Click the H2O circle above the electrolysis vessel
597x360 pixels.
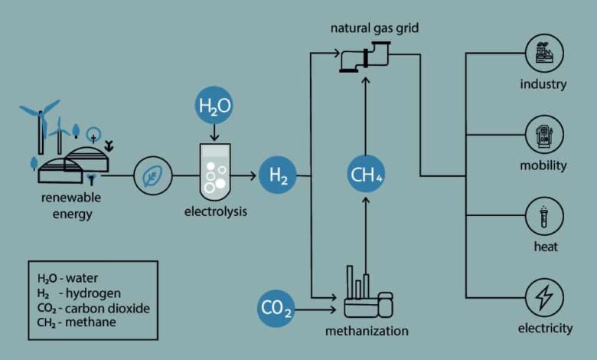(214, 105)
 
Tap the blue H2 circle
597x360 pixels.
(278, 175)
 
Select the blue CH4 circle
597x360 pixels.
(366, 174)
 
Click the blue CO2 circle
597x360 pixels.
(276, 308)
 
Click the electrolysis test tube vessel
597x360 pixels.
(215, 172)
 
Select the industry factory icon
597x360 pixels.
(544, 53)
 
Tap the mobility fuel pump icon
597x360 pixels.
(544, 135)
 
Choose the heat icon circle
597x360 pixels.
(544, 216)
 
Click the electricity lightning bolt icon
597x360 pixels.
(544, 297)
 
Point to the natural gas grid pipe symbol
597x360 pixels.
(366, 57)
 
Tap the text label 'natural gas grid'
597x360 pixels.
(374, 28)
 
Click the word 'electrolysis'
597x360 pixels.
(216, 211)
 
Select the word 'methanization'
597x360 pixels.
(367, 331)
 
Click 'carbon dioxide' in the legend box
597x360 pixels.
(107, 308)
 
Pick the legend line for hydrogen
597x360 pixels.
(79, 293)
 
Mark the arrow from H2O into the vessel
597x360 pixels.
(214, 133)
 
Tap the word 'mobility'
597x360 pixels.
(543, 165)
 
